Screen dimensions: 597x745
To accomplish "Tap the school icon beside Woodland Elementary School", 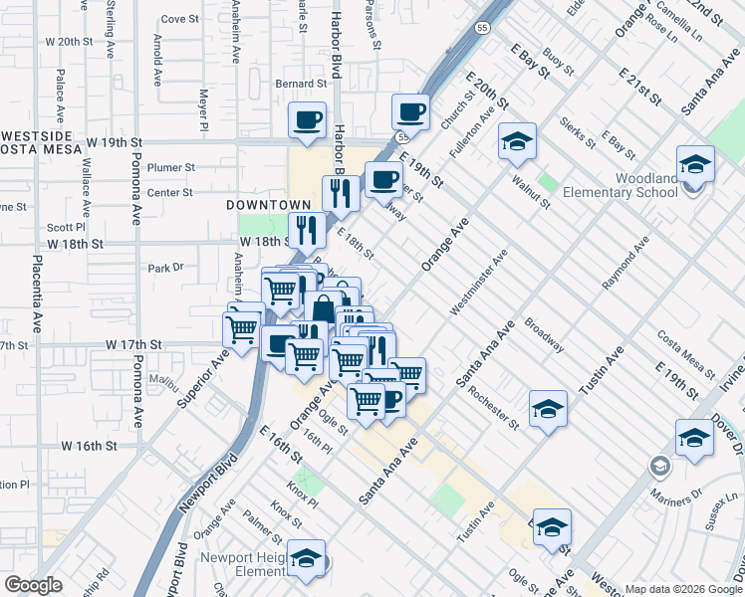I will point(695,165).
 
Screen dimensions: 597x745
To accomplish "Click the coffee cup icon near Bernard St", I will point(307,121).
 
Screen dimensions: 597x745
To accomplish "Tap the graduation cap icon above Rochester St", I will point(547,410).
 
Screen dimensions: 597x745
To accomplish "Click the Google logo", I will point(33,585).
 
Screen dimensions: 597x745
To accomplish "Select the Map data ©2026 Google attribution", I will point(683,589).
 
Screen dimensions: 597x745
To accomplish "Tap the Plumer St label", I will point(170,168).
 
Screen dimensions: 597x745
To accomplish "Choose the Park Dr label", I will point(166,268).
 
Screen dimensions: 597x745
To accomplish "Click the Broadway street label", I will point(544,335).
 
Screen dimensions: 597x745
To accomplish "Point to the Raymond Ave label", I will point(625,263).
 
